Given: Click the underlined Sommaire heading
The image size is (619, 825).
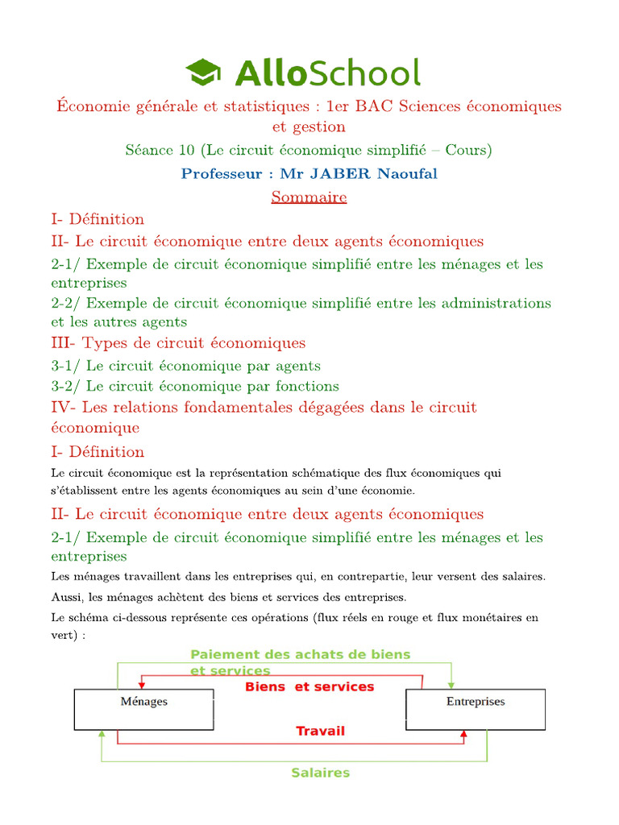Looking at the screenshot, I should pos(309,197).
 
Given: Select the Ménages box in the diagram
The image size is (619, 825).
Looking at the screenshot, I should pos(144,709).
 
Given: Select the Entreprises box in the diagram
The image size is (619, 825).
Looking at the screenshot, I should pos(476,709).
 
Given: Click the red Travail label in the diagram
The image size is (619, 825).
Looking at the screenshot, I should pos(320,731).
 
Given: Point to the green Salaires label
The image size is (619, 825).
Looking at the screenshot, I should pos(320,773).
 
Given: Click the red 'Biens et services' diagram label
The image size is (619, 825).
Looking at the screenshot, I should pos(309,687).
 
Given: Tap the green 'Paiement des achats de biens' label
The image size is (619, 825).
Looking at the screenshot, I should pos(300,654).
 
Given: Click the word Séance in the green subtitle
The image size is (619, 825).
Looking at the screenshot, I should pos(148,150).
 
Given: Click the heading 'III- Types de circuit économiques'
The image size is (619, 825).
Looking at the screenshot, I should pos(178,343).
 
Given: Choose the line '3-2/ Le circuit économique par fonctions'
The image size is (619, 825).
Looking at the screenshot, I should pos(195,386).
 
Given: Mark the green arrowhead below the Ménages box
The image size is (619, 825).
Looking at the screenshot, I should pos(101,735).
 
